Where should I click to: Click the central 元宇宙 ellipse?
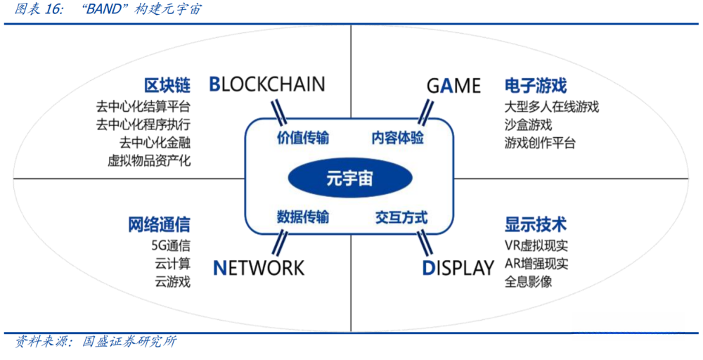tap(349, 179)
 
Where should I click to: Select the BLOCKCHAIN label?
tap(267, 85)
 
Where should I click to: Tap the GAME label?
tap(453, 86)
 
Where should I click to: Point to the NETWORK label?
tap(259, 268)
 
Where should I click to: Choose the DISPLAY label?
tap(458, 268)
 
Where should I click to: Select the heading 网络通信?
tap(159, 225)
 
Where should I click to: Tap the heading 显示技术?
tap(535, 225)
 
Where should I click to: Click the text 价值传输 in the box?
tap(303, 138)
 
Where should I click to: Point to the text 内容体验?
tap(398, 138)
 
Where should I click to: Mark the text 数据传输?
tap(303, 217)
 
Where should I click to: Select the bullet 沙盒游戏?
tap(528, 125)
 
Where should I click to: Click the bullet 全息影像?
tap(528, 282)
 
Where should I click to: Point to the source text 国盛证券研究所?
tap(129, 342)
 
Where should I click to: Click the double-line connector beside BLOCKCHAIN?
tap(277, 110)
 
